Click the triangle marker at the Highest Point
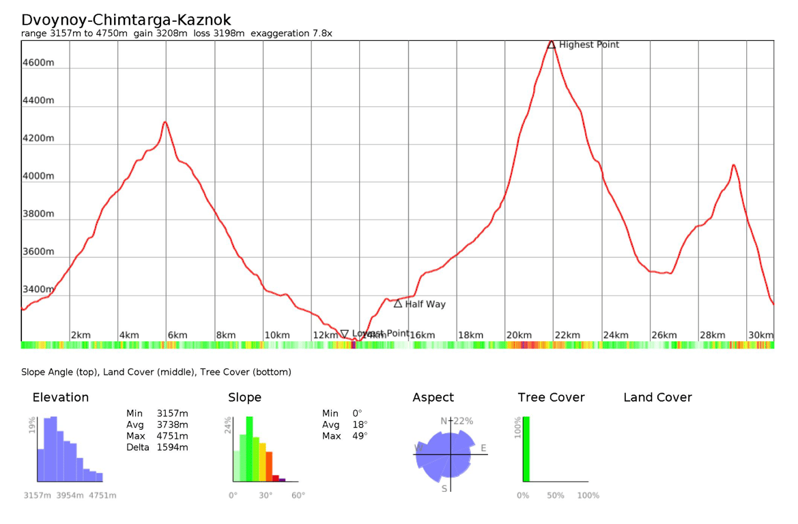tap(551, 44)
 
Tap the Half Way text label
tap(425, 304)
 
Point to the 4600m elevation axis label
tap(38, 63)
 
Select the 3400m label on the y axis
tap(38, 289)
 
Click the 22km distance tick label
tap(567, 335)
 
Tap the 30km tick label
tap(760, 335)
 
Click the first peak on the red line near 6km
tap(165, 122)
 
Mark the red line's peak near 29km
tap(733, 165)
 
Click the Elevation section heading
tap(61, 397)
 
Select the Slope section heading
tap(244, 397)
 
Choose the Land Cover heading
tap(657, 397)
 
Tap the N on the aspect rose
tap(444, 421)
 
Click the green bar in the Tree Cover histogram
tap(526, 449)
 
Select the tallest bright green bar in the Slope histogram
tap(249, 449)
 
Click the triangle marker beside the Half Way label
tap(398, 304)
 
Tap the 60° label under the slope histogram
tap(298, 495)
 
